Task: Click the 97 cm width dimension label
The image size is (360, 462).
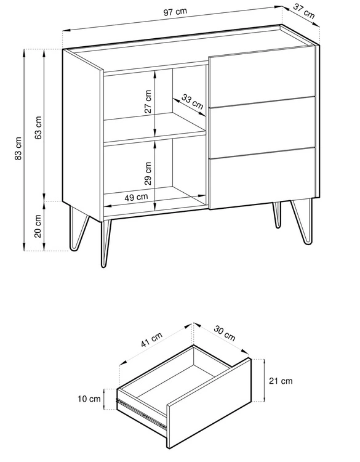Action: pyautogui.click(x=175, y=12)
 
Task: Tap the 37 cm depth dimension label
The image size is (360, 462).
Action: pyautogui.click(x=304, y=11)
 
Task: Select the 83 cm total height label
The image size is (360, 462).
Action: pyautogui.click(x=18, y=148)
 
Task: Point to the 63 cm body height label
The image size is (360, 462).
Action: pyautogui.click(x=38, y=128)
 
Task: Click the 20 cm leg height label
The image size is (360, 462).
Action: pyautogui.click(x=38, y=226)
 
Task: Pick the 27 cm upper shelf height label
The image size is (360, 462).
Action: pyautogui.click(x=148, y=102)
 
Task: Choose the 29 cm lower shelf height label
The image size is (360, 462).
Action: pyautogui.click(x=148, y=173)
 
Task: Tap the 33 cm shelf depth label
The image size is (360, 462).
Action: pyautogui.click(x=192, y=102)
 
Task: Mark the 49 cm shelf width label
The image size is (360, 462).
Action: pyautogui.click(x=136, y=197)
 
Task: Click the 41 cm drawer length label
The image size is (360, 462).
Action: pyautogui.click(x=151, y=339)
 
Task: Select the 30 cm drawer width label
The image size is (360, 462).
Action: pyautogui.click(x=224, y=333)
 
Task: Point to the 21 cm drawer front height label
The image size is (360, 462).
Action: pyautogui.click(x=281, y=381)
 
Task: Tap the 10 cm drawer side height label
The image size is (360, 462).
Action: pyautogui.click(x=89, y=399)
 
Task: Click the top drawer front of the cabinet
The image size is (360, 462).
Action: pyautogui.click(x=262, y=76)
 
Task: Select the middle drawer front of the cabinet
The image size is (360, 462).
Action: pyautogui.click(x=262, y=128)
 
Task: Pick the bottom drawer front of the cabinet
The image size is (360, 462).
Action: pyautogui.click(x=262, y=178)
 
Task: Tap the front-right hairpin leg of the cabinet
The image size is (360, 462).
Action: pyautogui.click(x=302, y=222)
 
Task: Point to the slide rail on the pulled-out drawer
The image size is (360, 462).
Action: pyautogui.click(x=142, y=413)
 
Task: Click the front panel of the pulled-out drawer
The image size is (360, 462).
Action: pyautogui.click(x=209, y=403)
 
